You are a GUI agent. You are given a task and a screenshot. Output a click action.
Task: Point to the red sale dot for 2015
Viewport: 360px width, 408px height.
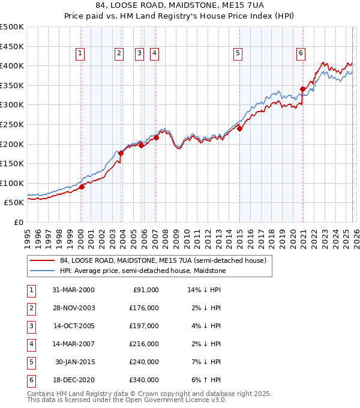pos(239,128)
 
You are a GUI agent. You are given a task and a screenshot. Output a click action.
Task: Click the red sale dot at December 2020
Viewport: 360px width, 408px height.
pos(302,89)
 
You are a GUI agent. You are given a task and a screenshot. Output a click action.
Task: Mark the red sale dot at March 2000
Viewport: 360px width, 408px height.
pos(82,187)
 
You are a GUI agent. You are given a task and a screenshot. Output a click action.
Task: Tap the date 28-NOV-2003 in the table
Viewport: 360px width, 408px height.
pos(74,308)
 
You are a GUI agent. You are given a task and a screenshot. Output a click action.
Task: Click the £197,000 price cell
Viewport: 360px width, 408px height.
pos(144,326)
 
